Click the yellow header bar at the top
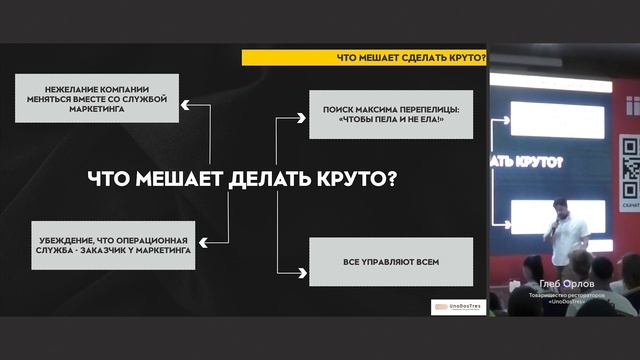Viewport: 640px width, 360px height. pos(360,58)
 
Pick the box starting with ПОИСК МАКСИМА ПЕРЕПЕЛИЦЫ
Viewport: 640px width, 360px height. pos(384,114)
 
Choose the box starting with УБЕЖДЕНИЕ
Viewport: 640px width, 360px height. pos(111,243)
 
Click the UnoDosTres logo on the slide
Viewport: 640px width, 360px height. pos(457,306)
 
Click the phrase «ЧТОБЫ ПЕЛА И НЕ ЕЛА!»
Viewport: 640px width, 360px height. pos(384,121)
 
